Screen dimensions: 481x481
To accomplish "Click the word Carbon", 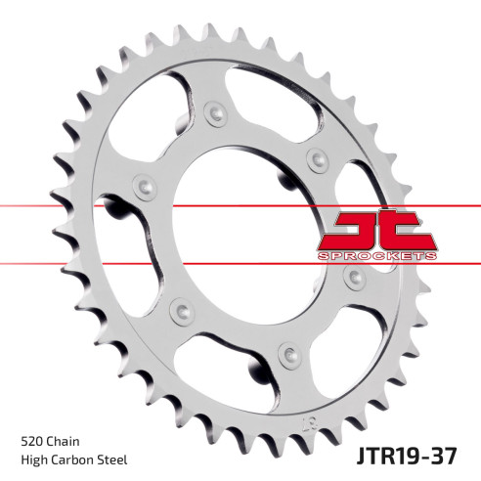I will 80,459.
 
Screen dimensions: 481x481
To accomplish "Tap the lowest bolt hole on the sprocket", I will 287,351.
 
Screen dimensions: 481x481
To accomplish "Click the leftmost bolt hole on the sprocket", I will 144,186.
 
